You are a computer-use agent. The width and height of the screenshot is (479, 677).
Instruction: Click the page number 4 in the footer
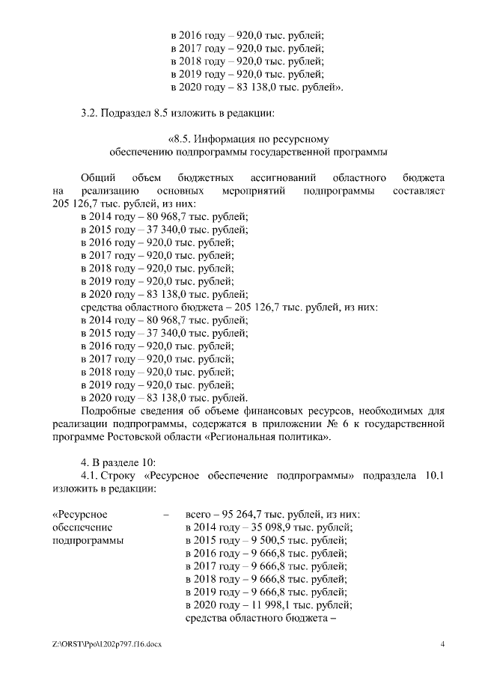tap(442, 644)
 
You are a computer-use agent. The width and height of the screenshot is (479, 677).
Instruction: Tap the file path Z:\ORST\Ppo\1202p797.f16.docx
tap(108, 644)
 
